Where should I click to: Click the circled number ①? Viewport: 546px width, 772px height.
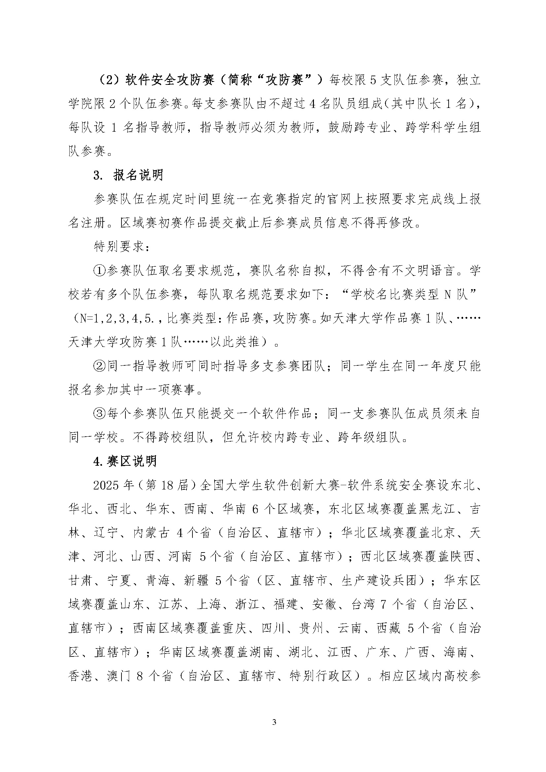[99, 271]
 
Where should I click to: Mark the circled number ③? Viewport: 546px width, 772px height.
[99, 414]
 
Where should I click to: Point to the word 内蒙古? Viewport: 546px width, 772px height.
[151, 533]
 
